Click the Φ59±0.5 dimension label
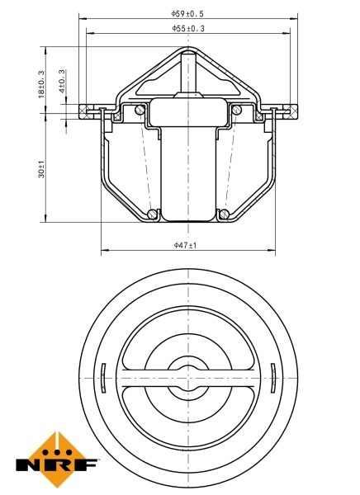pos(188,13)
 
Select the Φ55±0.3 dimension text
pos(188,28)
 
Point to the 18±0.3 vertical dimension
pos(42,82)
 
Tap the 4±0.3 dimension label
pos(63,82)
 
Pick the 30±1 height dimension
pos(42,172)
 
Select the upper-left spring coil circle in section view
pos(140,110)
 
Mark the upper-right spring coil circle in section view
pos(237,110)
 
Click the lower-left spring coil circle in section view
pos(154,215)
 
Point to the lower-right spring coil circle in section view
pos(224,215)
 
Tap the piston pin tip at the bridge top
pos(189,56)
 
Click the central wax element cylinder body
pos(188,165)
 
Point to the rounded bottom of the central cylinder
pos(188,218)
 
